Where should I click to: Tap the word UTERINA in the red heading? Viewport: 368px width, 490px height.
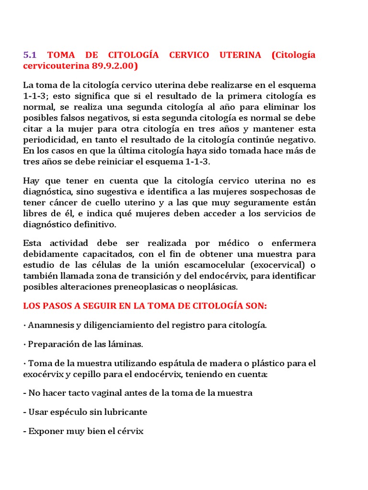click(240, 55)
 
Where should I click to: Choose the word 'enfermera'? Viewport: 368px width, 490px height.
click(291, 243)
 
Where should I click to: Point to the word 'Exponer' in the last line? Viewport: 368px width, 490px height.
click(46, 431)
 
